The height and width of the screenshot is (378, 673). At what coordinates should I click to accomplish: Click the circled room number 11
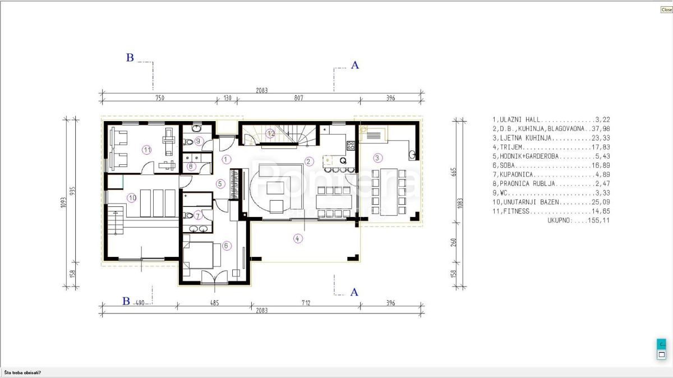(146, 150)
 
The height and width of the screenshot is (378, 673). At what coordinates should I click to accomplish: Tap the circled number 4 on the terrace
(297, 239)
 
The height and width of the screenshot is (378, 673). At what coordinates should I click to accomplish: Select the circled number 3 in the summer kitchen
(377, 158)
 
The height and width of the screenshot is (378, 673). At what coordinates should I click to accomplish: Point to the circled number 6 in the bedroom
(227, 246)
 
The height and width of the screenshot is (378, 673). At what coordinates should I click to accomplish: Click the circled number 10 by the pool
(132, 198)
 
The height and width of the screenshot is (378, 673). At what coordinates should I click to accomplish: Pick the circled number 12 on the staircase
(270, 133)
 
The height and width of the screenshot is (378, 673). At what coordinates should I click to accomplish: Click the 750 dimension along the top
(160, 98)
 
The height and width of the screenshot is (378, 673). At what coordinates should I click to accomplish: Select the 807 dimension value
(298, 98)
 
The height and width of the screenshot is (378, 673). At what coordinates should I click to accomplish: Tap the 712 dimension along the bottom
(306, 303)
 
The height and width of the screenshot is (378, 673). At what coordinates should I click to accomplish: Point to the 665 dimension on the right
(454, 172)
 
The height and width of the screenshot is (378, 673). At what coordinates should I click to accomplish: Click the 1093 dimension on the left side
(63, 203)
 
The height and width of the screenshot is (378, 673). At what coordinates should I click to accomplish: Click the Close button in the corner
(666, 10)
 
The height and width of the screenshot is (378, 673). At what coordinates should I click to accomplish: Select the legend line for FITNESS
(551, 211)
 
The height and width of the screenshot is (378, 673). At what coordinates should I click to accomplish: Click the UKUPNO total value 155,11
(599, 220)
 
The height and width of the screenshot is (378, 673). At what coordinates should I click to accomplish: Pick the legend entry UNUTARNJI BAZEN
(551, 202)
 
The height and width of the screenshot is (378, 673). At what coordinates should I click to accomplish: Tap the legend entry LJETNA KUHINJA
(551, 138)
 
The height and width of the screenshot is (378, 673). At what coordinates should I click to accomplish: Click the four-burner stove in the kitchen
(351, 145)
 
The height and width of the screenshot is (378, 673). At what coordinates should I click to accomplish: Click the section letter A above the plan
(355, 65)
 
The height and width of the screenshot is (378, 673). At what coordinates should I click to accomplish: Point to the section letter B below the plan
(126, 301)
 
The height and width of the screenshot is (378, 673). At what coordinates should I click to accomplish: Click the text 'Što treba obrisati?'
(22, 372)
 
